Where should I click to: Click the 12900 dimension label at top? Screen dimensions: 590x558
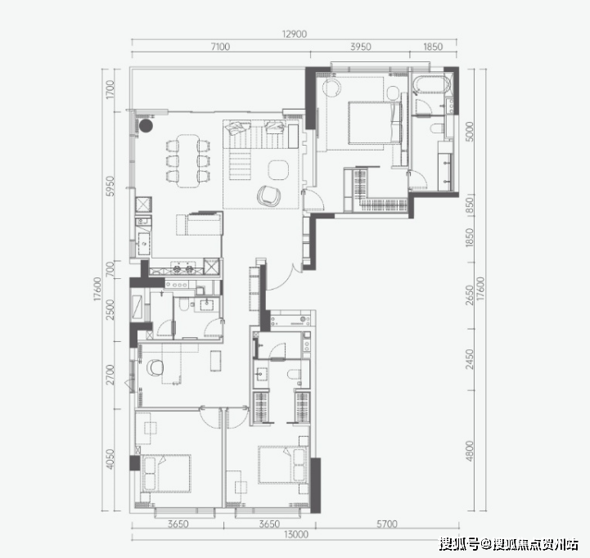pos(295,34)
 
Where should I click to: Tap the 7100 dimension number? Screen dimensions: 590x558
pos(220,47)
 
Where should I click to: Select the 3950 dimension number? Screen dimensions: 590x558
pos(361,47)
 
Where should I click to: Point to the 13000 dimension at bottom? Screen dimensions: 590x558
pos(295,534)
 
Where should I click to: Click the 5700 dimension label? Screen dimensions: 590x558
pos(387,524)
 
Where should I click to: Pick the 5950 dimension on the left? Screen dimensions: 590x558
pos(110,186)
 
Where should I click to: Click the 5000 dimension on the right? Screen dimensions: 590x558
pos(470,131)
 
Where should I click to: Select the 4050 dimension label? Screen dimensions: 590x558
pos(110,459)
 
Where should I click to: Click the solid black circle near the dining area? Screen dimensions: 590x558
pos(146,126)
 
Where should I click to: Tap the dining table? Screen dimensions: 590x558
pos(188,160)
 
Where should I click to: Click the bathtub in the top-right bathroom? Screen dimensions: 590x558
pos(431,84)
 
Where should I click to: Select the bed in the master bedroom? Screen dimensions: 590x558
pos(375,123)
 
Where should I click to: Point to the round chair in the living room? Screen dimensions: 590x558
pos(268,196)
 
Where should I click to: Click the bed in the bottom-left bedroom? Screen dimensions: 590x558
pos(166,473)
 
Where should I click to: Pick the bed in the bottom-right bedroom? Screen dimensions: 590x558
pos(282,465)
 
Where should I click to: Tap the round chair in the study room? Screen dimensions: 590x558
pos(155,367)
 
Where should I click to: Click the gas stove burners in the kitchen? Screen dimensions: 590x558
pos(182,268)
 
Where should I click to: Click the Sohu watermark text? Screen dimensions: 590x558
pos(509,544)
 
